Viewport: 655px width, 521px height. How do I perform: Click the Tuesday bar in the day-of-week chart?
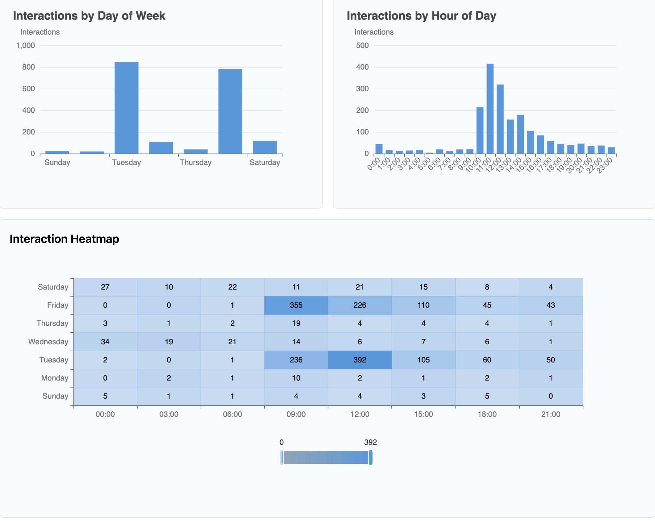coord(126,108)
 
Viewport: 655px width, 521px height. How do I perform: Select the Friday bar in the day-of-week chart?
coord(230,112)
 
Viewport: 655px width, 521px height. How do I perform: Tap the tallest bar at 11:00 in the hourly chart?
coord(490,109)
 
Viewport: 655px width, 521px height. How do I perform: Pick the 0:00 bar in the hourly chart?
coord(379,149)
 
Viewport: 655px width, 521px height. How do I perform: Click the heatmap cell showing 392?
coord(360,360)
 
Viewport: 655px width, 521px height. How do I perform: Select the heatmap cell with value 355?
coord(296,305)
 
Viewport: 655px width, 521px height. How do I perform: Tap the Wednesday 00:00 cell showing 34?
coord(105,341)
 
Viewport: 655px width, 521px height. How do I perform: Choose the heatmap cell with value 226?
coord(360,305)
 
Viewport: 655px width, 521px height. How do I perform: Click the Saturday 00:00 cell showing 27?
coord(105,287)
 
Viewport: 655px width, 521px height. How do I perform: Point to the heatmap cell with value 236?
coord(296,360)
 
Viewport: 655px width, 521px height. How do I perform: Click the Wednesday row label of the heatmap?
coord(48,341)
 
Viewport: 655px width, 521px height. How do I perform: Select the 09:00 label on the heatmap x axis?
coord(296,414)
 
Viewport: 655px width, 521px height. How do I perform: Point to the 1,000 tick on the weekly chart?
coord(25,46)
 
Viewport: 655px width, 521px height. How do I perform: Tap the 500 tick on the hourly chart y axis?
coord(362,46)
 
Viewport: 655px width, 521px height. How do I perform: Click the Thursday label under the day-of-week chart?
coord(195,162)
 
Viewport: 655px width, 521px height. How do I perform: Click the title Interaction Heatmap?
coord(64,239)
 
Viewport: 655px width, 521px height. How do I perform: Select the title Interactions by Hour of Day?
coord(421,16)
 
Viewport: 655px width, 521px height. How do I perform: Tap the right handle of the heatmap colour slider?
coord(370,457)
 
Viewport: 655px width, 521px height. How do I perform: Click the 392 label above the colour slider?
coord(370,442)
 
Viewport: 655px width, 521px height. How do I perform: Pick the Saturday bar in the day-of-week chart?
coord(264,147)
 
